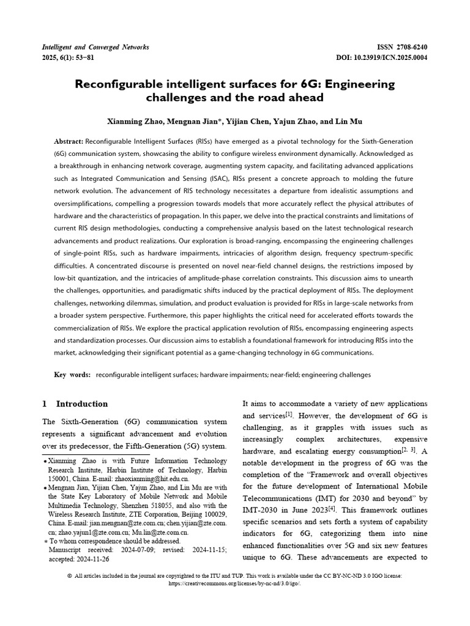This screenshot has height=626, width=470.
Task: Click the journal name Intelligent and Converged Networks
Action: coord(94,47)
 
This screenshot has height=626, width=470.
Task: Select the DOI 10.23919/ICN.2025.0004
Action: coord(389,58)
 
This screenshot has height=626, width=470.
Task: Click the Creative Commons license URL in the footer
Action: coord(234,583)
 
